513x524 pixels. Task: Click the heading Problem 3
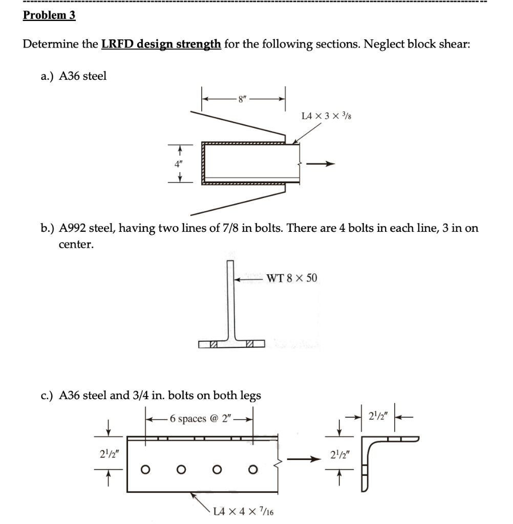(49, 15)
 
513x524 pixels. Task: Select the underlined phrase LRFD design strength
(161, 43)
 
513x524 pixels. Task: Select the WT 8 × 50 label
(291, 278)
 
